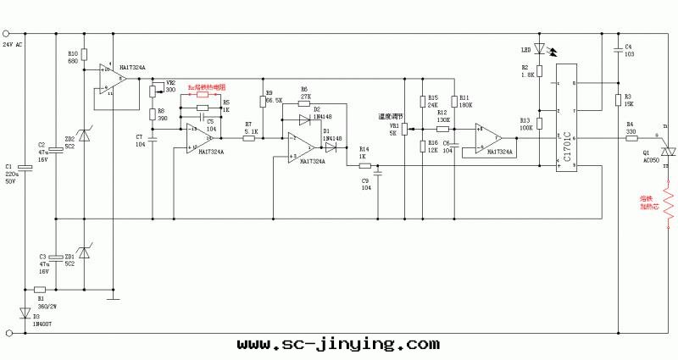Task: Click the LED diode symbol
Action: pos(538,49)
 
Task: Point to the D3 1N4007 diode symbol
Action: pos(25,313)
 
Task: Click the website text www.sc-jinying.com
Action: pos(338,345)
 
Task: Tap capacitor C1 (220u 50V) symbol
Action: pos(25,168)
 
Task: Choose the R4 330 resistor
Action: pos(631,138)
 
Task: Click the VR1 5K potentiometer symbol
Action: pos(405,128)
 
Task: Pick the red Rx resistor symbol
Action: pos(203,96)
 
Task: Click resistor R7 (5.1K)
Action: pos(249,138)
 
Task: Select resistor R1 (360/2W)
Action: pos(40,289)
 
